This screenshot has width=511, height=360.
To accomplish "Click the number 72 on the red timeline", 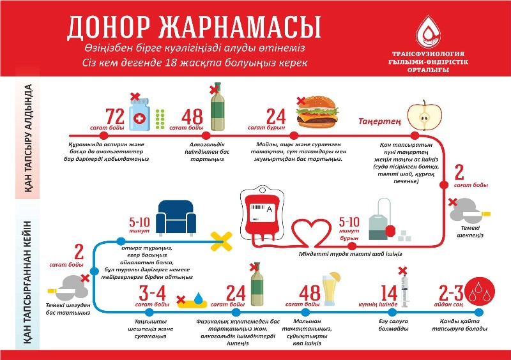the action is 115,116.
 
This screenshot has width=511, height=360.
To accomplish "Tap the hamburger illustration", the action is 316,112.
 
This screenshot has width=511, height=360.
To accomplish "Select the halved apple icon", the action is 424,116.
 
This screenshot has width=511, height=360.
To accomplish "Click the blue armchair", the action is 176,218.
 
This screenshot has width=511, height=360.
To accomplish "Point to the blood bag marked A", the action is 262,212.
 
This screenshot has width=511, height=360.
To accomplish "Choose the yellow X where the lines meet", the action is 222,241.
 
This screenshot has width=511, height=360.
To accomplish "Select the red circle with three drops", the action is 480,292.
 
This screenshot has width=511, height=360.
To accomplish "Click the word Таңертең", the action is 379,121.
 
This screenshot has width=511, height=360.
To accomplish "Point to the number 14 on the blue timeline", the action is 389,292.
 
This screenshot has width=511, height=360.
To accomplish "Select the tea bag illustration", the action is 382,220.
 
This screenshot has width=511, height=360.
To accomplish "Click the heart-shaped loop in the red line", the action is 308,232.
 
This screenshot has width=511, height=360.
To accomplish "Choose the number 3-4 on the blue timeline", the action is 153,292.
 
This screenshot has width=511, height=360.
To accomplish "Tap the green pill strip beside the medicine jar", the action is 160,119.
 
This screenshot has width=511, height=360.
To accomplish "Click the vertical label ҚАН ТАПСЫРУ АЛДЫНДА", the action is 28,138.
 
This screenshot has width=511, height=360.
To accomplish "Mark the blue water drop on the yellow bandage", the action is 198,298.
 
